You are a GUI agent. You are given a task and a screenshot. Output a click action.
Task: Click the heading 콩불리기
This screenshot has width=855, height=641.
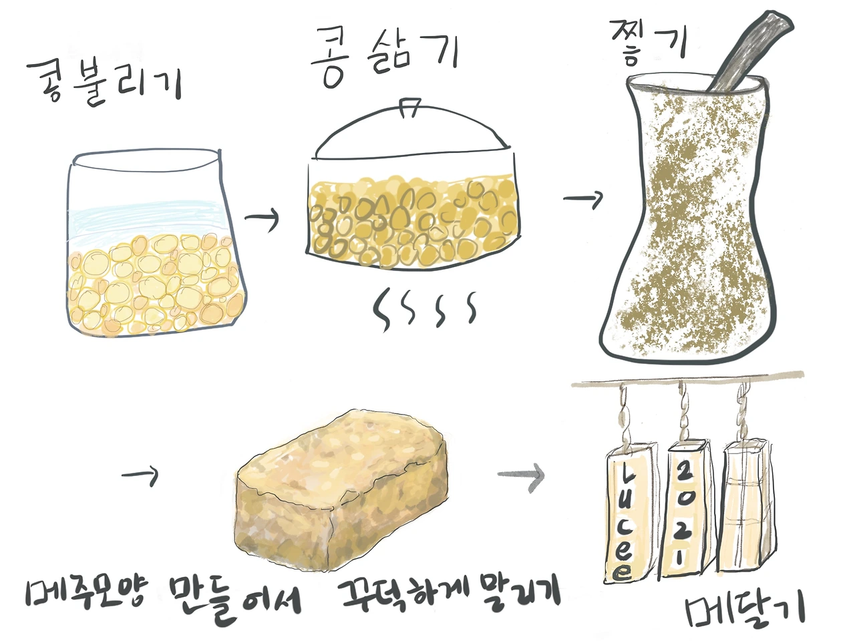tap(104, 83)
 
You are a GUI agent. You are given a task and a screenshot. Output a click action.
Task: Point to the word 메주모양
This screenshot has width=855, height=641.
tap(86, 597)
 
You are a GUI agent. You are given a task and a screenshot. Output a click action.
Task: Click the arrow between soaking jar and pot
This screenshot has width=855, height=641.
tap(262, 218)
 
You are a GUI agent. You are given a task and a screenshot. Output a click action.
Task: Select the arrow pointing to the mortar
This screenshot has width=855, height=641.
tap(583, 199)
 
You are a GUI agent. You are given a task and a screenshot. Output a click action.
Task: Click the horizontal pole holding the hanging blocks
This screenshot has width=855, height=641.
tap(687, 379)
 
